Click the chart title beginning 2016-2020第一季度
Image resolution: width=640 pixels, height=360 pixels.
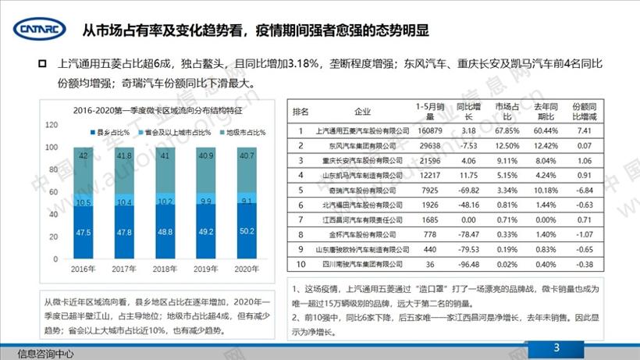pos(147,112)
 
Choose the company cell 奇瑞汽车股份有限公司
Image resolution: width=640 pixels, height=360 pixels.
pos(362,189)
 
